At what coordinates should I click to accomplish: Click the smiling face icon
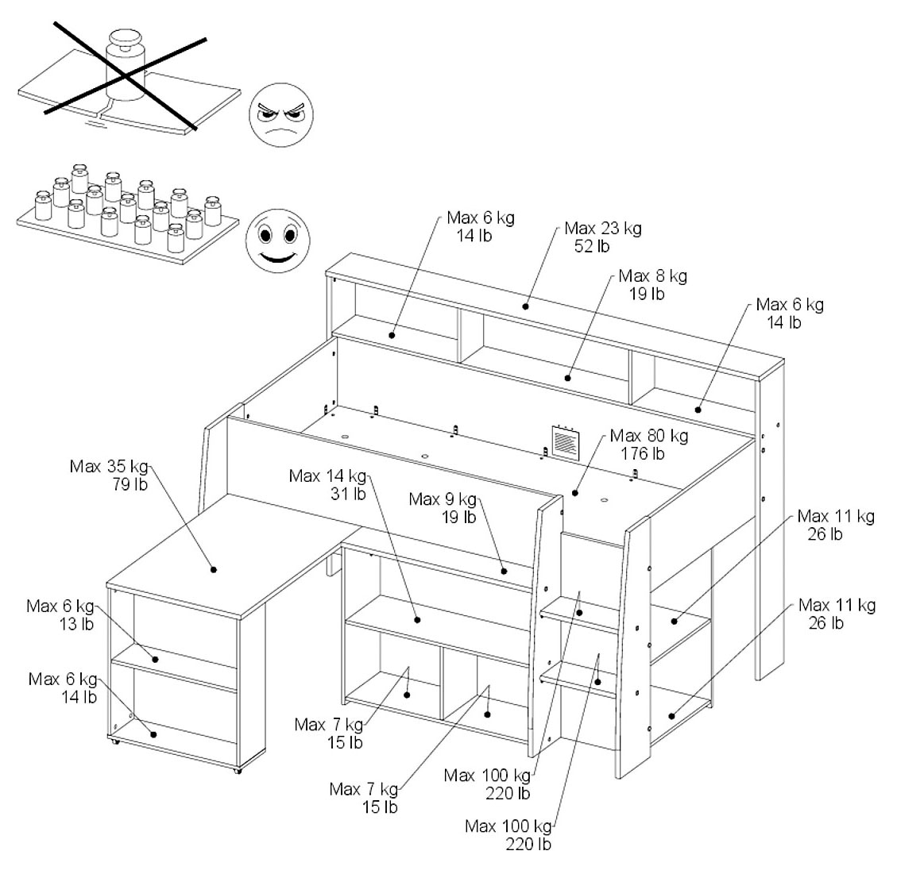click(275, 237)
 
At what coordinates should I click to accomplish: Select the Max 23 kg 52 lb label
click(603, 237)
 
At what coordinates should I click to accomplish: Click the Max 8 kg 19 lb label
click(652, 284)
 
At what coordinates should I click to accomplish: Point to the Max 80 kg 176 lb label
click(648, 445)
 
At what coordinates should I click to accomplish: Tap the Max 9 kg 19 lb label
click(443, 508)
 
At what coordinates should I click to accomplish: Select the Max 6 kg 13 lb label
click(60, 615)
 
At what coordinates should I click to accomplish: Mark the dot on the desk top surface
click(214, 569)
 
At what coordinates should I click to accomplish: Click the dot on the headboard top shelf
click(526, 306)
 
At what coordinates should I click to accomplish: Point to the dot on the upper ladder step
click(579, 612)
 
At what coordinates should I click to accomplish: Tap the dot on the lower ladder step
click(597, 681)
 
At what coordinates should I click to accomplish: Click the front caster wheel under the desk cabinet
click(236, 771)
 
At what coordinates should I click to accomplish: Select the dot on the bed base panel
click(574, 493)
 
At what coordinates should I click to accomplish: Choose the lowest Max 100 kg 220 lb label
click(508, 834)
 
